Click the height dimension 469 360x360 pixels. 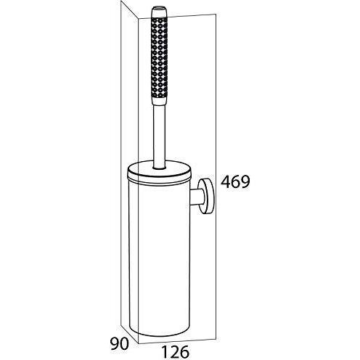click(x=235, y=181)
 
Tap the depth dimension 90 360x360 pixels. click(x=119, y=344)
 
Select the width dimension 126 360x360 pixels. click(x=175, y=351)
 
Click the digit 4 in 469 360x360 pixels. click(x=226, y=181)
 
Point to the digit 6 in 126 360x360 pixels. click(x=184, y=351)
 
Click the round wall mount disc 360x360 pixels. click(x=206, y=197)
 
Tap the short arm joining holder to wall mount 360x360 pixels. click(x=195, y=197)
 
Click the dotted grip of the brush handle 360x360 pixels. click(x=159, y=59)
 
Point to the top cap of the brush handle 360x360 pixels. click(x=159, y=11)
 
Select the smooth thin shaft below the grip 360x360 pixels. click(x=159, y=133)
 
